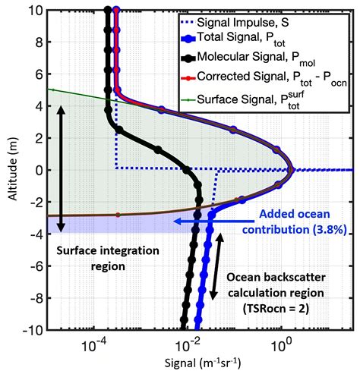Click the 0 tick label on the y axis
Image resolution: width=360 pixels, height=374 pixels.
[36, 169]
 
